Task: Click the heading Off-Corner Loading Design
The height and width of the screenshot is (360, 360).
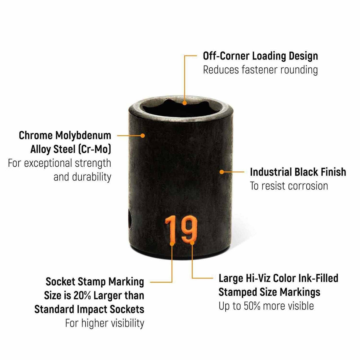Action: pos(260,56)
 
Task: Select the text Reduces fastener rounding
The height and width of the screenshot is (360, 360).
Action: pos(260,70)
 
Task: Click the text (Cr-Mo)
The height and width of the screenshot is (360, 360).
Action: pos(95,149)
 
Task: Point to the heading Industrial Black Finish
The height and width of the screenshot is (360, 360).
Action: pos(298,172)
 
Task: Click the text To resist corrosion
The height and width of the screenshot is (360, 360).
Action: pos(289,186)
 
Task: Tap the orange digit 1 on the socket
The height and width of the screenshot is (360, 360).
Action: pos(170,229)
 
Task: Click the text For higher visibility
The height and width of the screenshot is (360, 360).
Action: pos(105,323)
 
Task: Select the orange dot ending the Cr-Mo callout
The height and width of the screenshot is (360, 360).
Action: pos(143,136)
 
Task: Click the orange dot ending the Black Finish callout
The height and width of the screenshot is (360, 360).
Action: pos(221,172)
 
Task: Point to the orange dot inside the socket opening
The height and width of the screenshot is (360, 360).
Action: pos(185,103)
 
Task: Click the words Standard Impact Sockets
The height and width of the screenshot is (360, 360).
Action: pos(89,309)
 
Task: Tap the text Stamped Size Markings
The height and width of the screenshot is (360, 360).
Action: pos(269,292)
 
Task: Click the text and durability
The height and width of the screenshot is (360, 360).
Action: pos(82,177)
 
